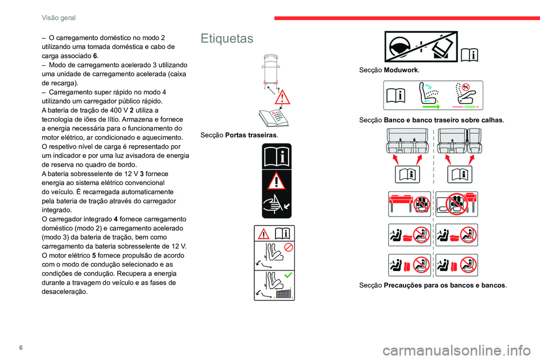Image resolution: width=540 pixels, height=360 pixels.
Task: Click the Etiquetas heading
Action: [227, 38]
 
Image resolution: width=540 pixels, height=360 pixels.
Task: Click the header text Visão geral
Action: [58, 18]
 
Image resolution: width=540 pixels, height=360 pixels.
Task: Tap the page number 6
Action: [21, 347]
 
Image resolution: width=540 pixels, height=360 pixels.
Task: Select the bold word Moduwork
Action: [401, 70]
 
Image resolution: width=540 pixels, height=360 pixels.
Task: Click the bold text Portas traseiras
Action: [251, 135]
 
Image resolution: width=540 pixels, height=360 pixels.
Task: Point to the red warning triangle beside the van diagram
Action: [282, 97]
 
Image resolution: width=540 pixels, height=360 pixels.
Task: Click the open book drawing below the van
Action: [274, 118]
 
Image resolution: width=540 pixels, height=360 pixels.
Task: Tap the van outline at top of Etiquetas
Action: [271, 71]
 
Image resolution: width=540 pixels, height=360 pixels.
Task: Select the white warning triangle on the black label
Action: [277, 181]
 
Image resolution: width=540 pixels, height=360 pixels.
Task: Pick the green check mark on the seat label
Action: [288, 275]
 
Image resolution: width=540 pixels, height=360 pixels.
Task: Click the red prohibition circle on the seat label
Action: [289, 247]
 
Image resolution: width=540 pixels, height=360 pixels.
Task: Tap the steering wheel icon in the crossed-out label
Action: [399, 47]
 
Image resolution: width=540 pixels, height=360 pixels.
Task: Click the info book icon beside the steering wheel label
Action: [469, 55]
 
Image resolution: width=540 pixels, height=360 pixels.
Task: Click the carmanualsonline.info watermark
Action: [457, 350]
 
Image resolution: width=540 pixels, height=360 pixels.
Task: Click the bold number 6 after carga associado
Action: [95, 56]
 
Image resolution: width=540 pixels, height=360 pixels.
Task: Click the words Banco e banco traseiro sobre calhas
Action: [443, 120]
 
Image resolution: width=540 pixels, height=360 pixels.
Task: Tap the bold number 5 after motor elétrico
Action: [94, 255]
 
